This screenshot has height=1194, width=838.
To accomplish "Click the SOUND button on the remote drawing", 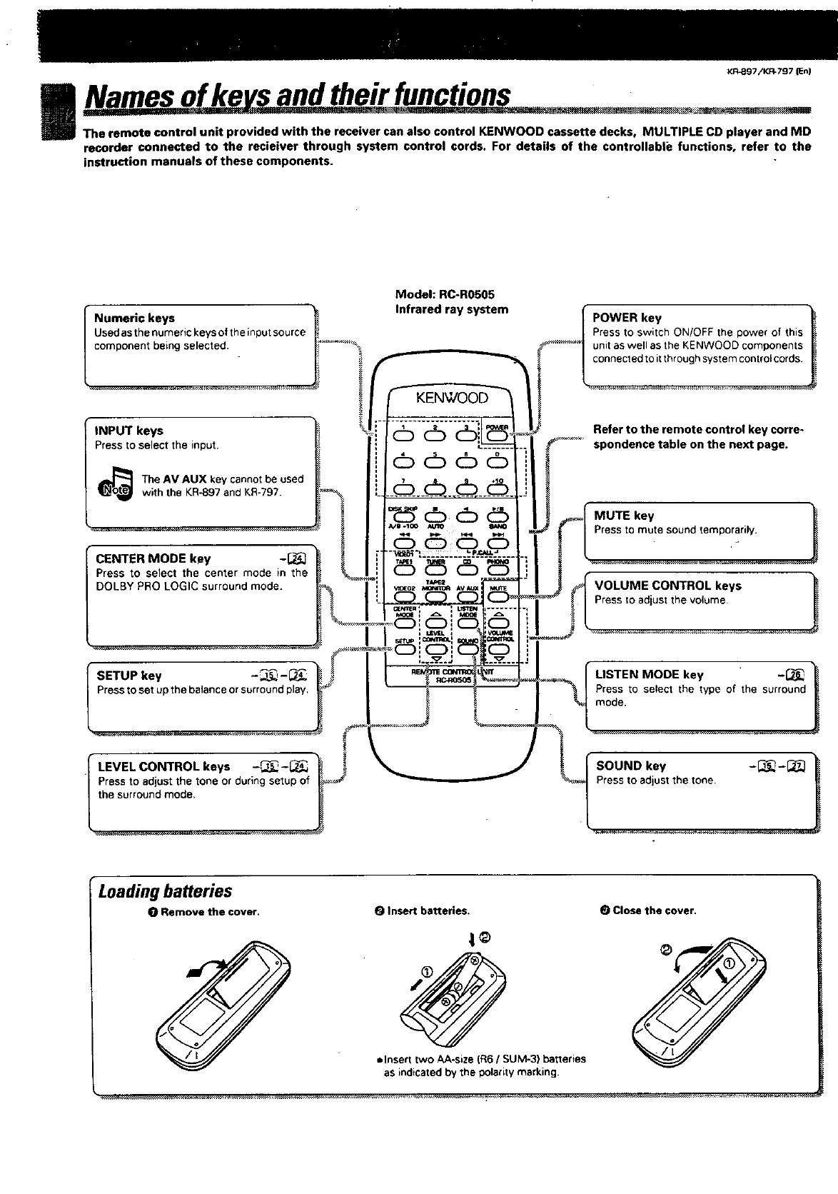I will [x=468, y=650].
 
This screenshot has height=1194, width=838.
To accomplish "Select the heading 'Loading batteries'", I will [x=166, y=891].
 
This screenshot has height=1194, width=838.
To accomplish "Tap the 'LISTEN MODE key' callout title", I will [x=650, y=675].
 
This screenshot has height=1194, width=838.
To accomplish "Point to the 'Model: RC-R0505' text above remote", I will [x=445, y=294].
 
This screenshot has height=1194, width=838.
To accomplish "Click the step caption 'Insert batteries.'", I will [x=423, y=911].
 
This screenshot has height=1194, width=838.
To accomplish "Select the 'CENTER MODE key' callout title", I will [x=153, y=558].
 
